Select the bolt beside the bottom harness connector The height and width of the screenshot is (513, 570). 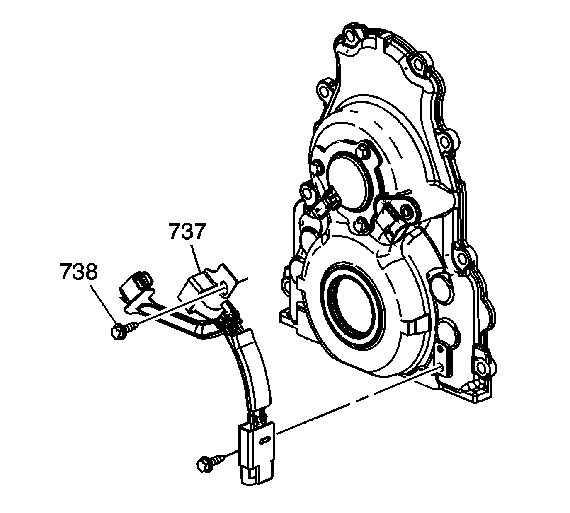tap(204, 462)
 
